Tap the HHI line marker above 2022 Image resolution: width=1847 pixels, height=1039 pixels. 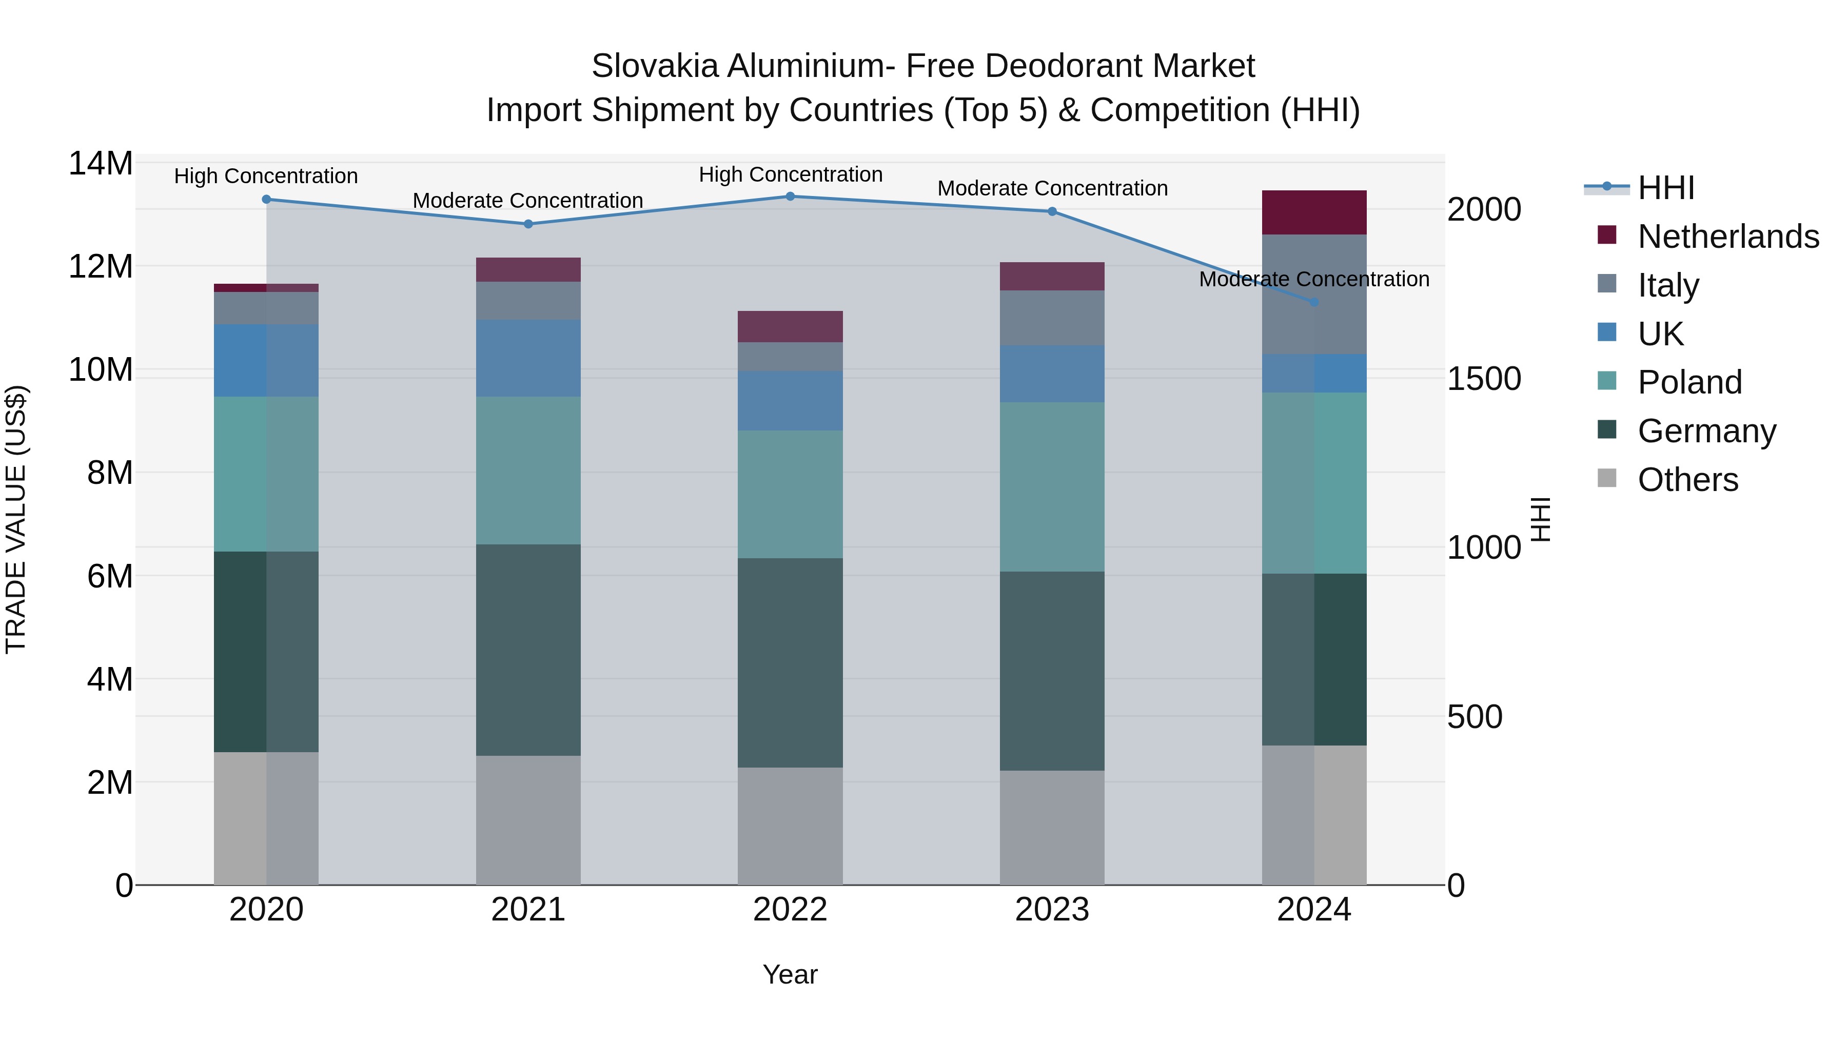[790, 197]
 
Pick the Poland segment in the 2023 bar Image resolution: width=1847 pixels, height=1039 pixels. [1052, 487]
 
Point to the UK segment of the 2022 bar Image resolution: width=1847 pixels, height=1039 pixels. [790, 401]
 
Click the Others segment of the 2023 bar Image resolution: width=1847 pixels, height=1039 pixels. [1052, 828]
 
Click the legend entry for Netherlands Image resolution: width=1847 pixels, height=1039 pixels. [1728, 237]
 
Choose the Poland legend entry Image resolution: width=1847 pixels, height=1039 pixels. [1689, 382]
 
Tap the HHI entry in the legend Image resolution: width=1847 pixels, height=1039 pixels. [1665, 188]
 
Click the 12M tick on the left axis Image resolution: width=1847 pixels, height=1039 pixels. [101, 267]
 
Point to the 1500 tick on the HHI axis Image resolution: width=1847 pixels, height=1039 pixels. [1483, 379]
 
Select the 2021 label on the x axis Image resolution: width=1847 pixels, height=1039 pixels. [528, 910]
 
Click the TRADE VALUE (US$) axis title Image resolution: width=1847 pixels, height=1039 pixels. [16, 519]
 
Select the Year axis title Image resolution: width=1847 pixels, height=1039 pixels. [790, 974]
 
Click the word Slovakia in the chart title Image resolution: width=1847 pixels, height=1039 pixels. [654, 66]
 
